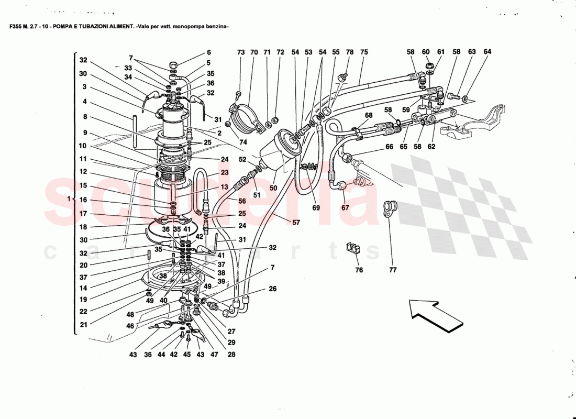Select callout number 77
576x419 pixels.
tap(393, 270)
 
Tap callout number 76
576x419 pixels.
tap(359, 270)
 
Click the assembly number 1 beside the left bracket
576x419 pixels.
tap(69, 199)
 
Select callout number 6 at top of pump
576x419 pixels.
tap(208, 52)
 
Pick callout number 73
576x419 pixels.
tap(240, 52)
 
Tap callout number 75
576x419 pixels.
tap(364, 52)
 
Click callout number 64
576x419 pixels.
tap(488, 52)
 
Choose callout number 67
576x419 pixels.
tap(345, 208)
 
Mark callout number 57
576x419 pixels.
tap(296, 223)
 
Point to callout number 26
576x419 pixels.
tap(272, 289)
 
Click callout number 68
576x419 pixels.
tap(369, 115)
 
